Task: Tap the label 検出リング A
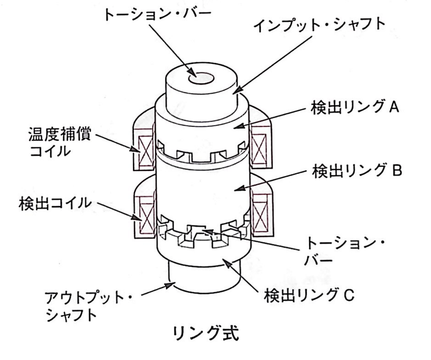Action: coord(352,110)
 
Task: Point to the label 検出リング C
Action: coord(309,295)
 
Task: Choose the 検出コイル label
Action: coord(54,203)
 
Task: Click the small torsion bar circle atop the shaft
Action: coord(201,78)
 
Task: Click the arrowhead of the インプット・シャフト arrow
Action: coord(237,90)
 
